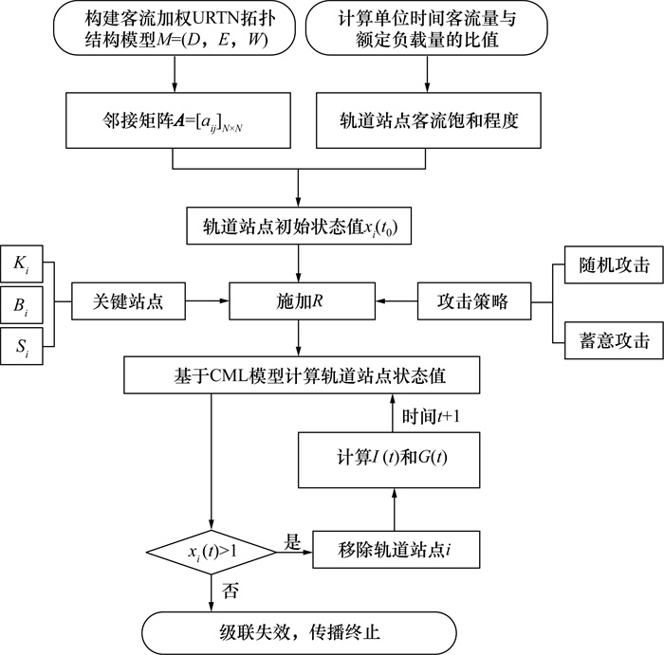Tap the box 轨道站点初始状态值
300,227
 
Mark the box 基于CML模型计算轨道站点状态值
300,375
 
